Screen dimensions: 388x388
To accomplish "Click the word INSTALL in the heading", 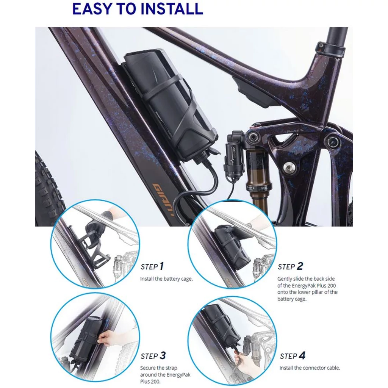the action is [172, 9].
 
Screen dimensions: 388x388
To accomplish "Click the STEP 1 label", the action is [152, 266].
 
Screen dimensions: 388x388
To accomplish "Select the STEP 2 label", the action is [290, 266].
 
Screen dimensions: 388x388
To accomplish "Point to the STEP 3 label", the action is [153, 356].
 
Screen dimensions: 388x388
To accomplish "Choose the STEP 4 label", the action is [293, 356].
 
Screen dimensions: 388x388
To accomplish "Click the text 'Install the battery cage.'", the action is [166, 279].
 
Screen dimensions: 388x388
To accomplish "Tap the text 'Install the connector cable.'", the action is [310, 368].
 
